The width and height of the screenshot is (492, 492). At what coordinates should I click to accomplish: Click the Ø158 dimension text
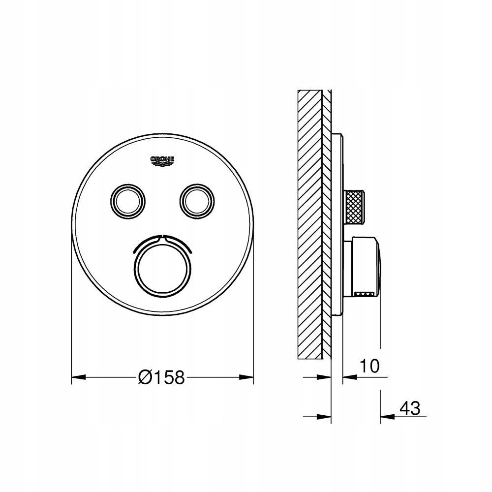161,377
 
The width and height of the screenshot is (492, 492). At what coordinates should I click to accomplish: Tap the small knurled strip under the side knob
365,294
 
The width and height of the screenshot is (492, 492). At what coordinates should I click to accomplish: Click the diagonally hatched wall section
309,221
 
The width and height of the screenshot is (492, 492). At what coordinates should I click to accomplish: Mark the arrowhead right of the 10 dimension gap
349,377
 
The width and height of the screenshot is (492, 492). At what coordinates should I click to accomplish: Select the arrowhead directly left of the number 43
388,417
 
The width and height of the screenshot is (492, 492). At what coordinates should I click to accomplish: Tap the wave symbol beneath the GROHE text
163,165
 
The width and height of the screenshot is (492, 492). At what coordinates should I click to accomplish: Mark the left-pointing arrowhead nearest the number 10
349,377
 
